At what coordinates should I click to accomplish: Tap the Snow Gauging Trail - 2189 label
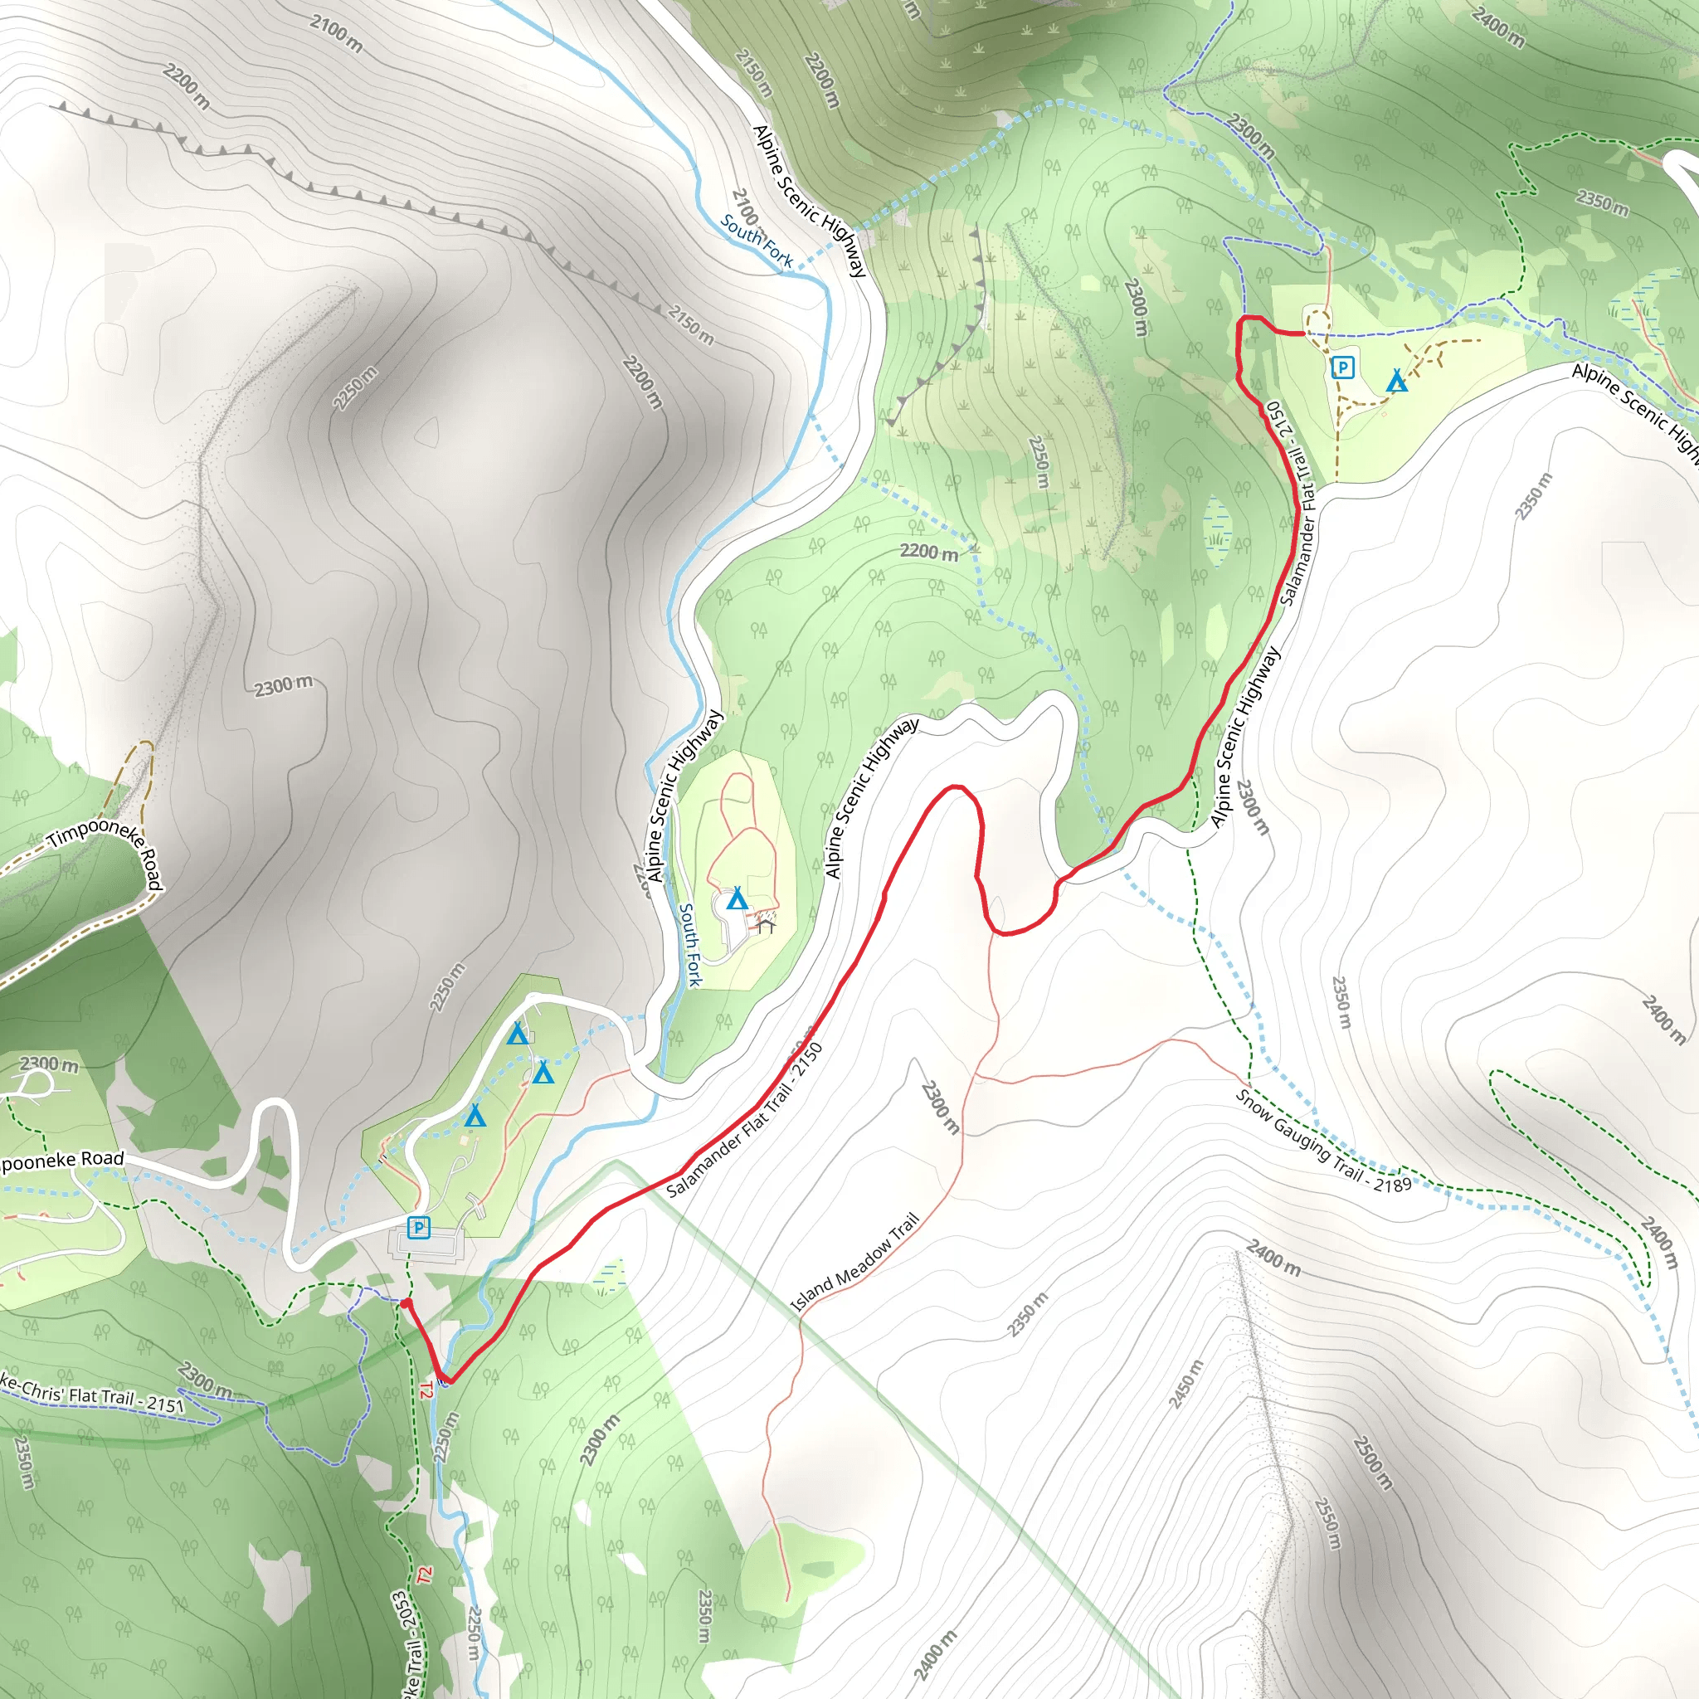point(1322,1141)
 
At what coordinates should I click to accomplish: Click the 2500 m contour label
point(1372,1463)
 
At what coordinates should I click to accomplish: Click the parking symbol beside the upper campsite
point(1342,367)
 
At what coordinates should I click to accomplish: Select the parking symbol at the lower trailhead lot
point(419,1227)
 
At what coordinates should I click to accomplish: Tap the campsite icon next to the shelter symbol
point(737,899)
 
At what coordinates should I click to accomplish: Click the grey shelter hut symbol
point(765,925)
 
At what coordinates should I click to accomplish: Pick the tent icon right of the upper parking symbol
point(1396,382)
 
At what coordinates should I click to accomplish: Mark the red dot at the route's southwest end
point(406,1303)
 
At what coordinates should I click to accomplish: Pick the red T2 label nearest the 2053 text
point(426,1575)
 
